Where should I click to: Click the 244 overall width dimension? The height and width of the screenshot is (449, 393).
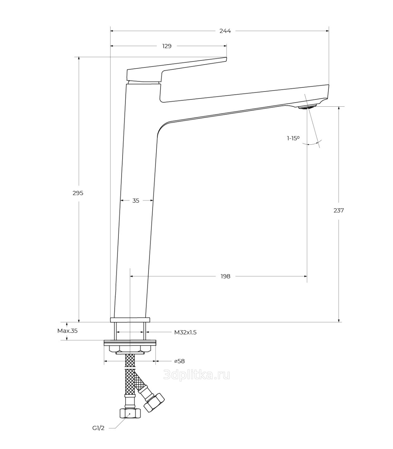pos(225,31)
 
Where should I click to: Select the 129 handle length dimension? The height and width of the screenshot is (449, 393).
pos(167,46)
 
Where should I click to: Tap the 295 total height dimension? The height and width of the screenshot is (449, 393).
pos(78,193)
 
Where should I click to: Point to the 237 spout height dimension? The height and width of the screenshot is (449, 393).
pos(338,210)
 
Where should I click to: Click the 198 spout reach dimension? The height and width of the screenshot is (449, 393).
pos(226,276)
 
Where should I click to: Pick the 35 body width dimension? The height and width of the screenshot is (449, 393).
pos(136,201)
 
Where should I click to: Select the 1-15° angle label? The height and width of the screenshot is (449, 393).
pos(293,138)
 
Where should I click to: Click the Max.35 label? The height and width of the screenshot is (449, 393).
pos(67,331)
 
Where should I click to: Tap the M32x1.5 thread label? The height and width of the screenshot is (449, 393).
pos(185,333)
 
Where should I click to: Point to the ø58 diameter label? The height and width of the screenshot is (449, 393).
pos(180,361)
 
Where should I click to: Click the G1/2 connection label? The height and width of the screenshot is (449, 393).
pos(98,428)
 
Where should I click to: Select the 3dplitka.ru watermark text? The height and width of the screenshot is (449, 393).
pos(196,375)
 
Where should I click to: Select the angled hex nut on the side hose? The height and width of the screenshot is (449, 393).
pos(154,402)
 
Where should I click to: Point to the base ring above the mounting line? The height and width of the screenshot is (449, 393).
pos(130,320)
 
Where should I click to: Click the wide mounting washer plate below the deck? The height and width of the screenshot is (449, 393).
pos(130,343)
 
